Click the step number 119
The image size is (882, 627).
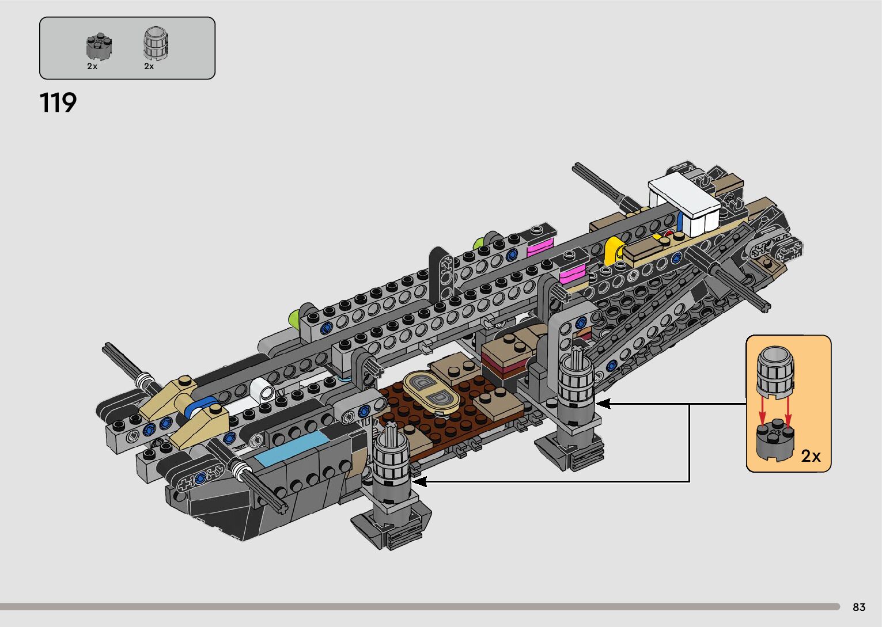(58, 103)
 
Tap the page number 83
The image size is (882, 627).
(859, 607)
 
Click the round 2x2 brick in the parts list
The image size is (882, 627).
(99, 47)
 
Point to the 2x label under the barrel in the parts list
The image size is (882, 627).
(149, 67)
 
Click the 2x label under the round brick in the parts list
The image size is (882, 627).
(92, 67)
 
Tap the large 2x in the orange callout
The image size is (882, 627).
(811, 456)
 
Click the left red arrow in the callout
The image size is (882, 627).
(762, 411)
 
